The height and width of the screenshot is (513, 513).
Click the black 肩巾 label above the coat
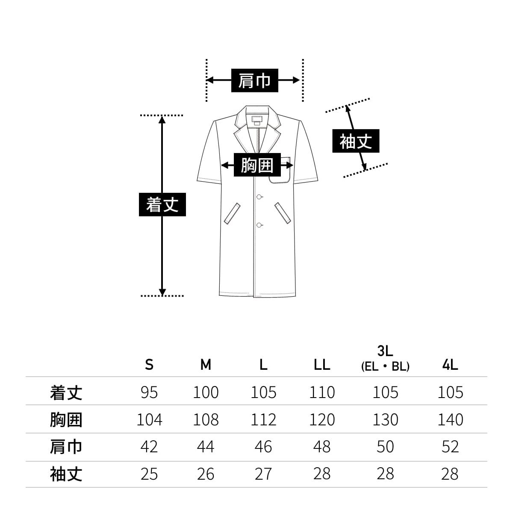pos(255,80)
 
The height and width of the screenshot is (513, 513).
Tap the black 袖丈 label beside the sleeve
pos(355,142)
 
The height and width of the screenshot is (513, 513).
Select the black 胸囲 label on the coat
pos(257,165)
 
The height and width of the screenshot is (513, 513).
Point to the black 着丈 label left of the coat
pos(162,204)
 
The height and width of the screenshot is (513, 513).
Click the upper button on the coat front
pos(259,197)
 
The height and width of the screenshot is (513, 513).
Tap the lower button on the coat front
pos(259,225)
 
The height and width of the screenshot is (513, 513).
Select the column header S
pos(149,365)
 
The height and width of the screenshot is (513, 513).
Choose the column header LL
pos(321,365)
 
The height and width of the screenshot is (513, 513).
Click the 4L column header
pos(450,365)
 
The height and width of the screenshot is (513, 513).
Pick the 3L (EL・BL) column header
pos(385,359)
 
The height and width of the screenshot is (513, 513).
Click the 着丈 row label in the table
pos(66,392)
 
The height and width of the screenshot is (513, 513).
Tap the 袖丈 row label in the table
pos(66,474)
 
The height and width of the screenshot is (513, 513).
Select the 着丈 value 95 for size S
pos(149,392)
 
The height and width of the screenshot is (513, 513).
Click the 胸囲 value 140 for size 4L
pos(450,420)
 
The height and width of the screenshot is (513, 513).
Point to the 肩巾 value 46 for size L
pos(263,447)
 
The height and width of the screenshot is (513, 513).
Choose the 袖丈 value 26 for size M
pos(206,474)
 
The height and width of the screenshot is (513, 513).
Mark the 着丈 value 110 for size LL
pos(321,392)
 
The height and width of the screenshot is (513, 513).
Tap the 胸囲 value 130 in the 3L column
pos(385,420)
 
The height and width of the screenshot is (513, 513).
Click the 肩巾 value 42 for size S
pos(149,447)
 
